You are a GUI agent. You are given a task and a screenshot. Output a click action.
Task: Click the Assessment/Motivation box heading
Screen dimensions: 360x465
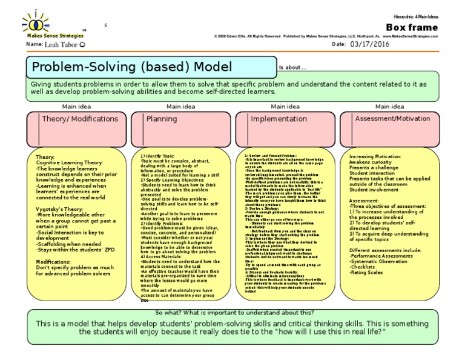pyautogui.click(x=390, y=119)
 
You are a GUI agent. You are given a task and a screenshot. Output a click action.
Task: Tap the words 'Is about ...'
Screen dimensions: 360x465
pyautogui.click(x=294, y=67)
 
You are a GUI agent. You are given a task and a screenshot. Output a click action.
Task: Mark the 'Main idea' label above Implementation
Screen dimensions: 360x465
pyautogui.click(x=285, y=106)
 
